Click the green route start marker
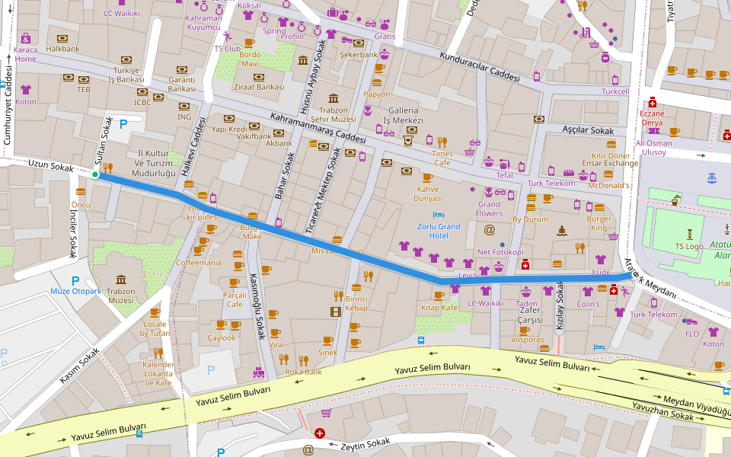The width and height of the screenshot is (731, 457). [95, 174]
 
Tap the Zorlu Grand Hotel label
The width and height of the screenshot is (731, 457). [439, 231]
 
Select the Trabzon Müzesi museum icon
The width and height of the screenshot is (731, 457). [120, 280]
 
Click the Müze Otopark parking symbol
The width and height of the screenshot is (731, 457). [75, 280]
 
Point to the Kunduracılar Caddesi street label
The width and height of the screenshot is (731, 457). [480, 68]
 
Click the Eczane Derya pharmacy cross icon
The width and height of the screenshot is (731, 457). [652, 102]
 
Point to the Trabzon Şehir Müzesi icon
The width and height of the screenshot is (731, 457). [334, 98]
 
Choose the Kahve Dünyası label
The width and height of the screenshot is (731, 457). [427, 193]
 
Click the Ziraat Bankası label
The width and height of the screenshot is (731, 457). [259, 87]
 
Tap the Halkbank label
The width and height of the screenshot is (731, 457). [62, 49]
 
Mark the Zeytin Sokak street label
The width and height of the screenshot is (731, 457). [365, 444]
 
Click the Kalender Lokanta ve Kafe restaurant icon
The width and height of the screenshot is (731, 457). [158, 353]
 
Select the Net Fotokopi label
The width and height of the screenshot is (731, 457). [500, 252]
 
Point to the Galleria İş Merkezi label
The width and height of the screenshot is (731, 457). [404, 115]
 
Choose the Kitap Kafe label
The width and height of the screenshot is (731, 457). [439, 308]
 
